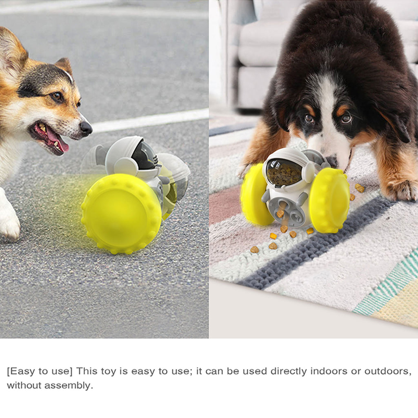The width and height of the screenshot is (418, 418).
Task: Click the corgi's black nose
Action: [x=86, y=128]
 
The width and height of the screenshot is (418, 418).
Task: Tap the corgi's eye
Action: [x=57, y=96]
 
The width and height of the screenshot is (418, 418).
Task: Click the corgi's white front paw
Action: [x=10, y=222]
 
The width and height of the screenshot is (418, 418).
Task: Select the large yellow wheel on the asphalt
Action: [x=121, y=213]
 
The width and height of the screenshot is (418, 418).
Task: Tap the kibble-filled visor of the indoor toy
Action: [x=284, y=173]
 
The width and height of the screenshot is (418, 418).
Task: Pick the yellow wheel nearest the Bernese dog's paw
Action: [x=330, y=200]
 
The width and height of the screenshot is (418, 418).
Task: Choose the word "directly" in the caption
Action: [x=289, y=371]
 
